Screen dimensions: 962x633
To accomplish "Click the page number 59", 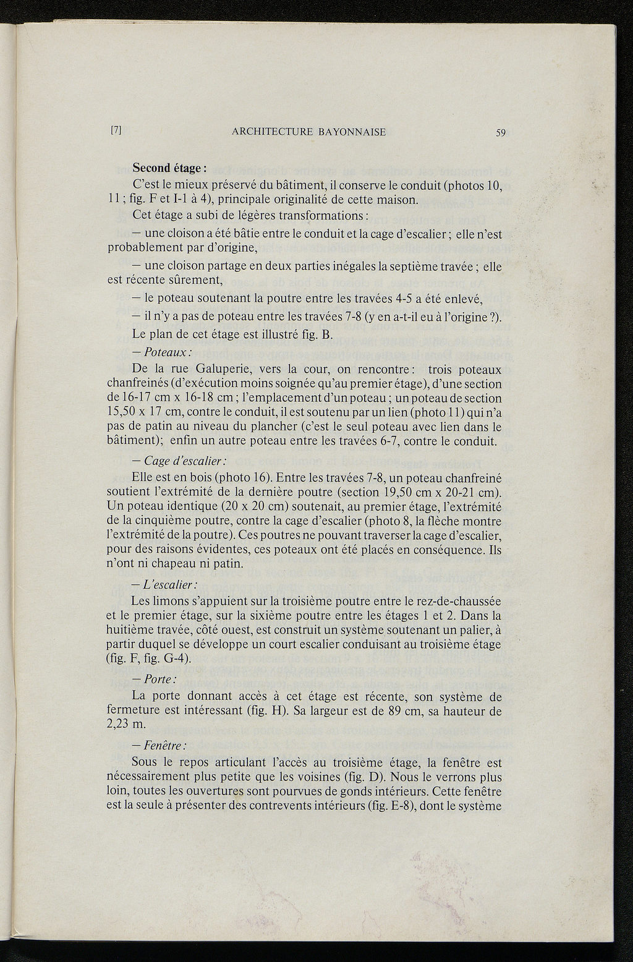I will pos(500,132).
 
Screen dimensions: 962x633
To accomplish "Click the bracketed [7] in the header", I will pos(116,131).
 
